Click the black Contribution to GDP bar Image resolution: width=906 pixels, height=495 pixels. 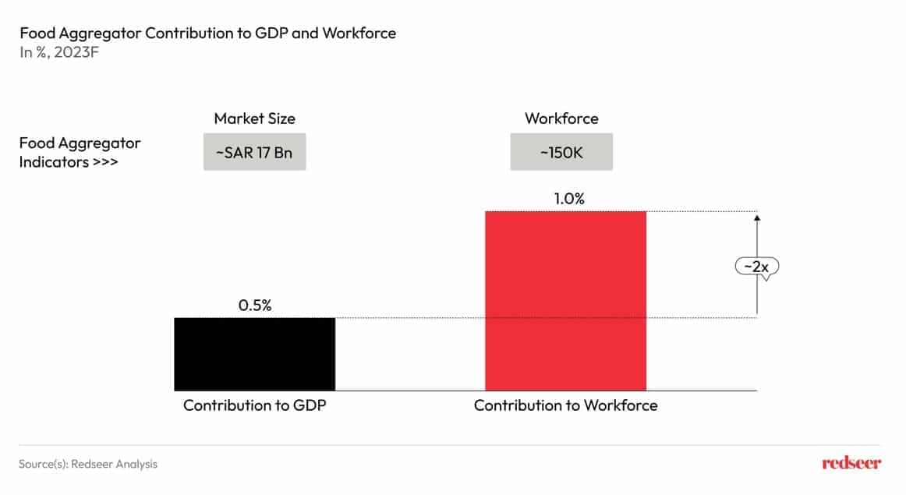[x=254, y=353]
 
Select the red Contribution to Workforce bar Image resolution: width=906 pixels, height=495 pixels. [x=565, y=300]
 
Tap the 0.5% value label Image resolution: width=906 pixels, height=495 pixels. [x=255, y=306]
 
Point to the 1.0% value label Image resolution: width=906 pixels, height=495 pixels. [x=568, y=199]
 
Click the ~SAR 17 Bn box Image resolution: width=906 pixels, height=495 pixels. [x=254, y=152]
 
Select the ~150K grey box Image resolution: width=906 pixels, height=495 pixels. [x=561, y=152]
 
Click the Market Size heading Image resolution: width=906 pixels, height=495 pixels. [x=255, y=118]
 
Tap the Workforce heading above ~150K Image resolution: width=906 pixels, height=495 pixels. [x=561, y=118]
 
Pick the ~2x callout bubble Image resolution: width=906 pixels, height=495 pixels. [x=756, y=267]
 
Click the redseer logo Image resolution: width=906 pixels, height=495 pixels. [x=851, y=463]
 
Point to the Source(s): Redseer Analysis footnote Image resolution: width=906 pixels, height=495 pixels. [x=88, y=464]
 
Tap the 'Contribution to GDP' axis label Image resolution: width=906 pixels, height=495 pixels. [x=254, y=405]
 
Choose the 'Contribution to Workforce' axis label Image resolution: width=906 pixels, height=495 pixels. [x=565, y=405]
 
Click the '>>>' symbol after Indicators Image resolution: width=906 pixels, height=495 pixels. [x=105, y=163]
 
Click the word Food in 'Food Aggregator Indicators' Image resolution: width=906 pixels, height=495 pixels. [x=35, y=143]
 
